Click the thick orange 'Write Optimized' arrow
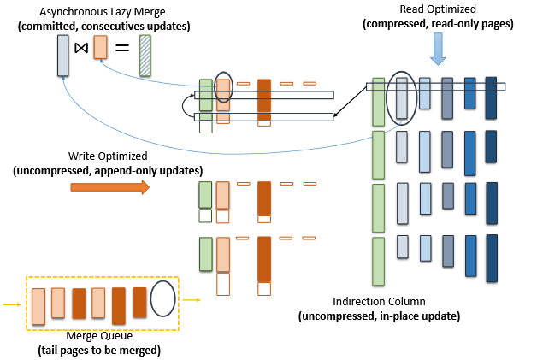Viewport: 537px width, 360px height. click(109, 186)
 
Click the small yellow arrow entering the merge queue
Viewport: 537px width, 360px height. click(11, 304)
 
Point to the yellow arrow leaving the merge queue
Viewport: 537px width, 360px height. click(192, 300)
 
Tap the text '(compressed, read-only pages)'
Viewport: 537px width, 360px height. click(438, 24)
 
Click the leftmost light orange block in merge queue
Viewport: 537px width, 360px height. click(38, 303)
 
